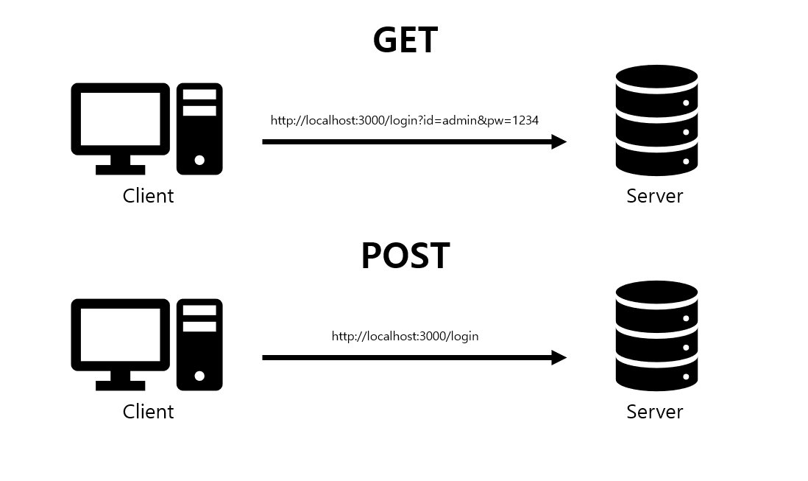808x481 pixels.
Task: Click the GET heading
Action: [x=405, y=41]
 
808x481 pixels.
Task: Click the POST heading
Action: [x=405, y=256]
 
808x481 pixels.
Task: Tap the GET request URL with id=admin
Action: [x=405, y=120]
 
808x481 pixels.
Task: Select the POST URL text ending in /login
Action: [x=405, y=336]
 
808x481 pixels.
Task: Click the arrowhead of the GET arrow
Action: [x=560, y=141]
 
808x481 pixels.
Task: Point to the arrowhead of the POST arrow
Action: [x=560, y=357]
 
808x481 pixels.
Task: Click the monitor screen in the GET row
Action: [x=120, y=119]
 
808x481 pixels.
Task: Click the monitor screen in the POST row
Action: [x=120, y=334]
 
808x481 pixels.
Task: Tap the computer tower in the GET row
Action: [x=199, y=128]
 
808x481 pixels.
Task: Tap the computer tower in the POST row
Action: [x=199, y=344]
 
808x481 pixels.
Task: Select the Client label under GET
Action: [x=148, y=196]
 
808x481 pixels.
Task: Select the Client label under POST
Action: [x=148, y=412]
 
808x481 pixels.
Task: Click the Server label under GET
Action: [x=654, y=196]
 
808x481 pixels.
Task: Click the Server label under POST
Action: [x=654, y=412]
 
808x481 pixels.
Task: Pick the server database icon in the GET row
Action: [x=656, y=120]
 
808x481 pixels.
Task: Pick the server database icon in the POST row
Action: [x=656, y=336]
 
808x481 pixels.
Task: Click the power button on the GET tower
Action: [x=199, y=160]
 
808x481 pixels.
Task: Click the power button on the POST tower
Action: [x=199, y=376]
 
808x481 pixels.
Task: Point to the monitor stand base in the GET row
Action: [x=120, y=169]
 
